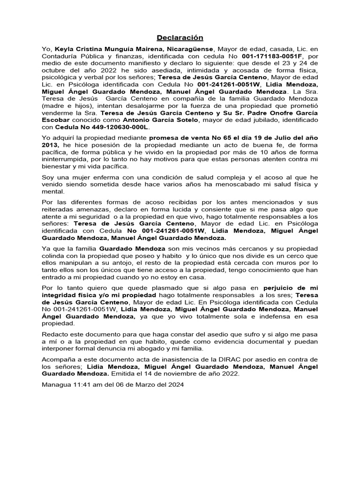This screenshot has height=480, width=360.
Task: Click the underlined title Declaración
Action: [180, 37]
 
